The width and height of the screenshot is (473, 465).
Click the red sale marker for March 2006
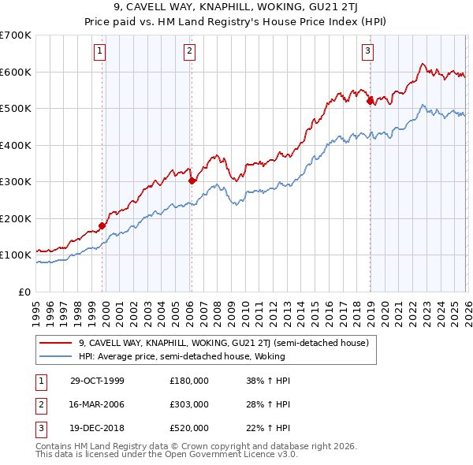(192, 180)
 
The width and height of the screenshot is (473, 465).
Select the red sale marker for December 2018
(370, 100)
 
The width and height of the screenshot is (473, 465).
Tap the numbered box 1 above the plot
(101, 52)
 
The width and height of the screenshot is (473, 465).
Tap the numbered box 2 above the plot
(190, 52)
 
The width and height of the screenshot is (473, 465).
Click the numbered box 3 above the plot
(368, 52)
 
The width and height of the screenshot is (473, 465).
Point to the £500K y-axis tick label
(16, 109)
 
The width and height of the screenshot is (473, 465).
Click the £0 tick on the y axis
(25, 292)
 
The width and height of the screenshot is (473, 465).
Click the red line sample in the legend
(56, 343)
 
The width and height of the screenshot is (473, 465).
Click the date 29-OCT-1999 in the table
(96, 381)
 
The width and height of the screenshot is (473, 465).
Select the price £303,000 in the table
(189, 404)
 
